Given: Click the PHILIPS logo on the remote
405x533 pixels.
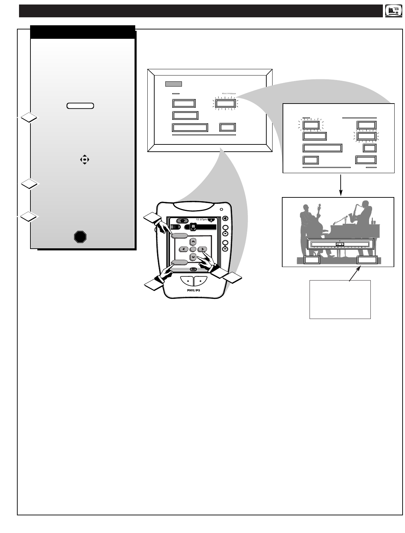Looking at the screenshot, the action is coord(193,290).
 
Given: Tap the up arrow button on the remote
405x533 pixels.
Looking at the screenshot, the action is coord(193,241).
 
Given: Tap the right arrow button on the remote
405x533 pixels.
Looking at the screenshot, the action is coord(202,249).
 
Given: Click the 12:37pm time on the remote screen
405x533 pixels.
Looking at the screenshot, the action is coord(201,220).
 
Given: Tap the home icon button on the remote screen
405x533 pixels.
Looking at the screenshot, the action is coord(182,220).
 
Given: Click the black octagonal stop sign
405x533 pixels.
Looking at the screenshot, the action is coord(80,237).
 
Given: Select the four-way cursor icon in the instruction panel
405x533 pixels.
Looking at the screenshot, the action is coord(84,160).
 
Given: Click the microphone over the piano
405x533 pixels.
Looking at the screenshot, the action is coord(346,217).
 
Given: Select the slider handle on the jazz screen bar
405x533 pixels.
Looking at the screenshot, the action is coord(340,244).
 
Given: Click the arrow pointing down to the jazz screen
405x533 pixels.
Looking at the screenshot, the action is coord(341,186).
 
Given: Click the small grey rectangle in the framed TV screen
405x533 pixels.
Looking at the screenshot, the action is coord(173,84).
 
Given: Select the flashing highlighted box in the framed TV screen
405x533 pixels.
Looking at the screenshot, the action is coord(225,103).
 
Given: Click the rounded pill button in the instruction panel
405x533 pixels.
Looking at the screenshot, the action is coord(80,106).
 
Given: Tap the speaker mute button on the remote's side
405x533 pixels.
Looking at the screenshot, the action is coord(225,218).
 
